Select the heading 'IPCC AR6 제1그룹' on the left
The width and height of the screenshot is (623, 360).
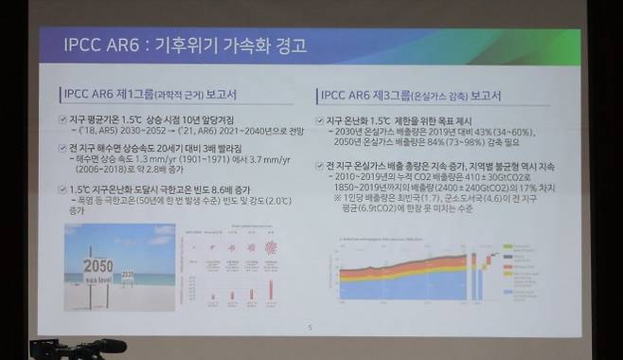[x=110, y=96]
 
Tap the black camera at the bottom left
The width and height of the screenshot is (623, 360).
[x=76, y=349]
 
